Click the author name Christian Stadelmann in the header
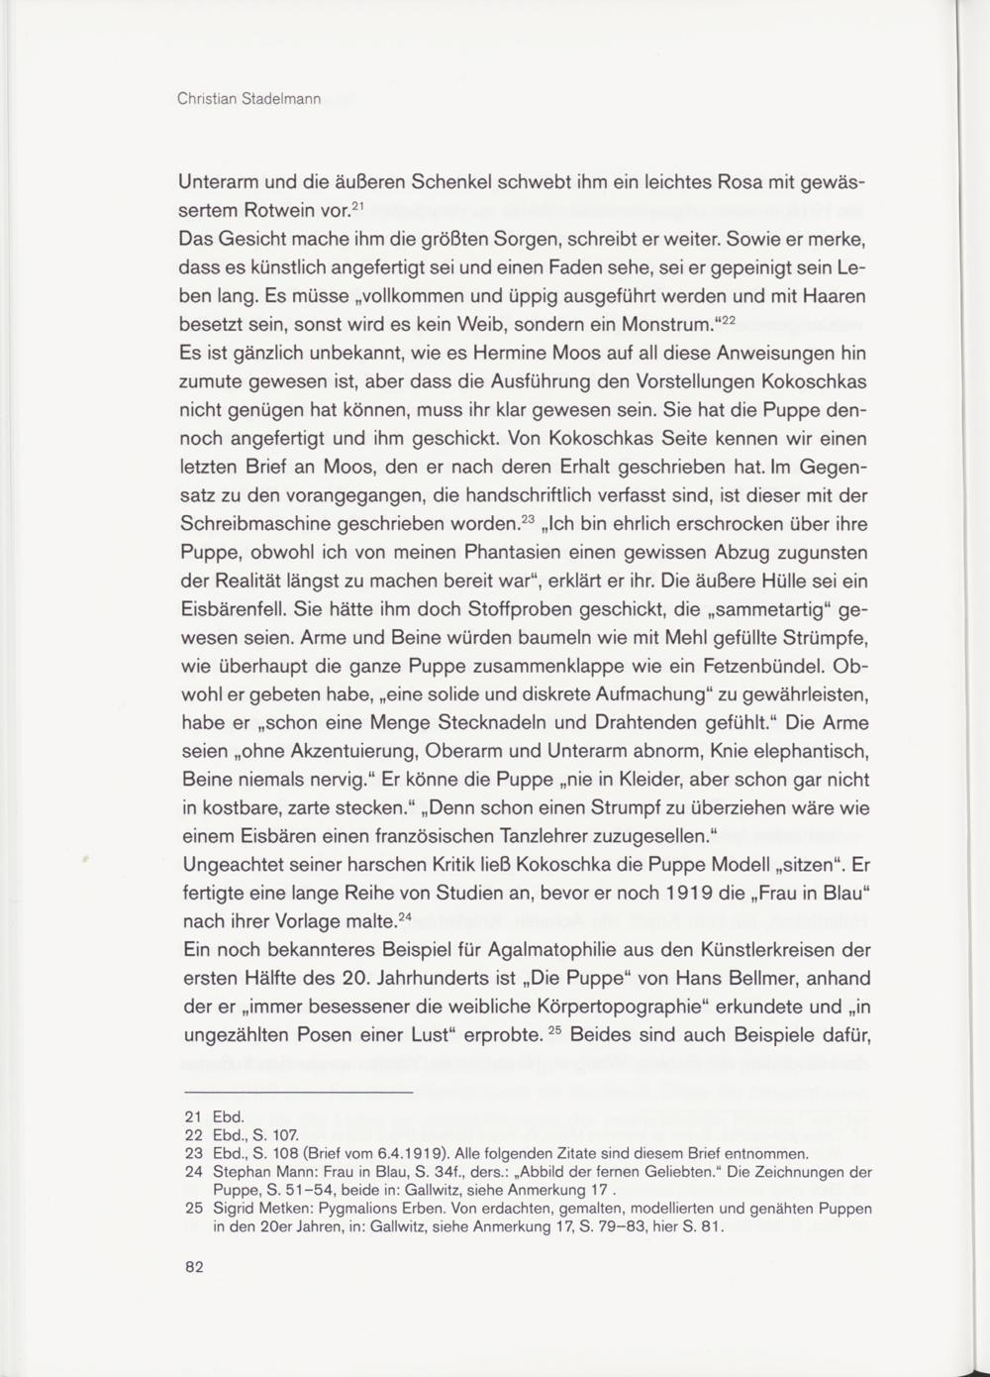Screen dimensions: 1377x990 click(x=248, y=100)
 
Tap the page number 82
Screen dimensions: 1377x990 click(x=193, y=1267)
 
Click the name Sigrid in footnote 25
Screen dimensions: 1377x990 click(x=235, y=1209)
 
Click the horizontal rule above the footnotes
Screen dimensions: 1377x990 click(x=294, y=1093)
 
